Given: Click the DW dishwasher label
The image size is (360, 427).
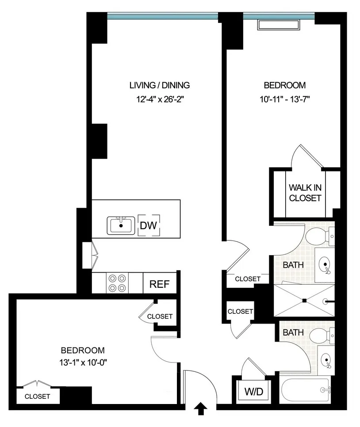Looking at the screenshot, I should click(x=149, y=225).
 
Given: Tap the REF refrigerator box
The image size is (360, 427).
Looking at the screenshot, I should click(x=160, y=284).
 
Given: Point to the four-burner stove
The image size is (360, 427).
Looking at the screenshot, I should click(x=117, y=283).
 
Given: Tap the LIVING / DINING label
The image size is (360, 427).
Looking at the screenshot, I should click(x=159, y=85).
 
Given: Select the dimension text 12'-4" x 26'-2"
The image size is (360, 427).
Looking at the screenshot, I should click(x=159, y=99).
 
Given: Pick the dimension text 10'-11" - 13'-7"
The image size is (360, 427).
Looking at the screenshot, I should click(x=284, y=99).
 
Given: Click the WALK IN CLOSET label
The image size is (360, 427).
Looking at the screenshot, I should click(x=305, y=192).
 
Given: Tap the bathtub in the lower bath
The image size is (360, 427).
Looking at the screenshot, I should click(x=306, y=389).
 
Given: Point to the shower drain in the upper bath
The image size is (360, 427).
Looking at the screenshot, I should click(x=305, y=301).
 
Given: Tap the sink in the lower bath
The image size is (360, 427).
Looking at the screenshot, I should click(x=326, y=360).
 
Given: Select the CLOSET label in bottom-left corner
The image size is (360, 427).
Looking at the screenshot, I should click(x=37, y=396).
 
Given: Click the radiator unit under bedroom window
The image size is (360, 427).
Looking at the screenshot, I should click(x=279, y=24).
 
